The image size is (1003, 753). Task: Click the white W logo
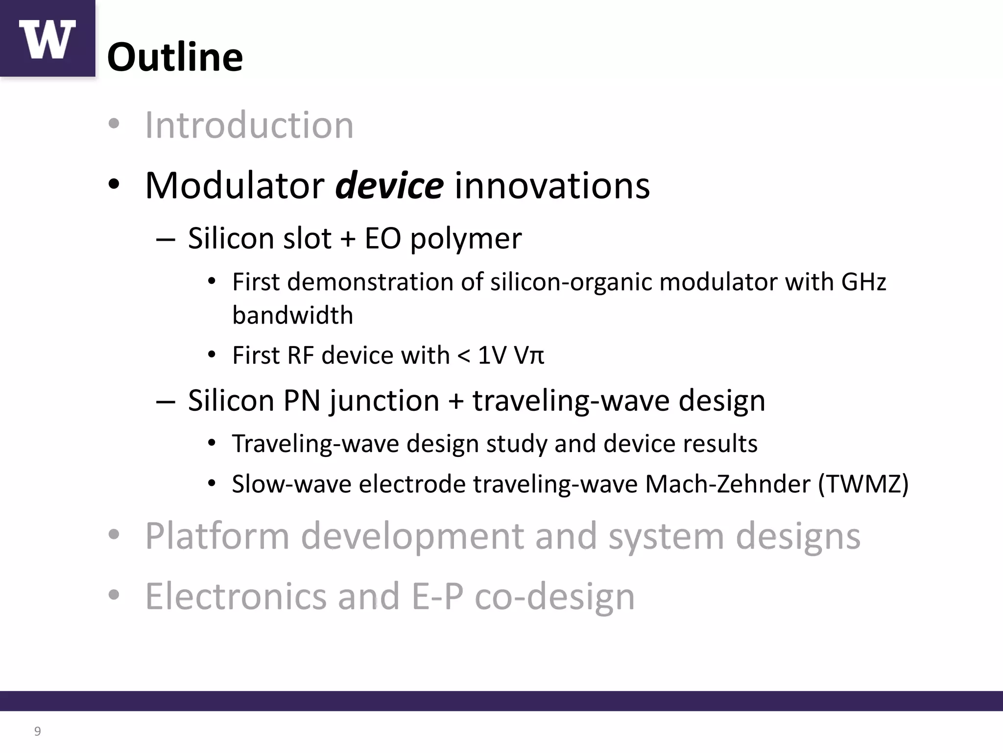coord(47,39)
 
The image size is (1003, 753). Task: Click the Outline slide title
coord(175,57)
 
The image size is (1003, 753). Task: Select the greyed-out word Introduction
coord(249,125)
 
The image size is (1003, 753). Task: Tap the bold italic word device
coord(389,186)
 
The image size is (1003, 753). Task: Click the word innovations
coord(552,186)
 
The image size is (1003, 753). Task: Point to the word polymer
coord(466,239)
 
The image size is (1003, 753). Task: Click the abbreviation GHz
coord(863,282)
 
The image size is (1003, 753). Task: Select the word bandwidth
coord(292,315)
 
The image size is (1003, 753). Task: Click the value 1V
coord(492,355)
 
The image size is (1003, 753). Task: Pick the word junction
coord(384,401)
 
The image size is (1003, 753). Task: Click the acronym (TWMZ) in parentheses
coord(863,484)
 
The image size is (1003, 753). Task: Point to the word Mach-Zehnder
coord(727,484)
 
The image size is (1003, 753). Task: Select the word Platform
coord(217,536)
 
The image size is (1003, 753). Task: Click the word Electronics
coord(236,597)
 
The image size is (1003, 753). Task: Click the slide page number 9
coord(37,731)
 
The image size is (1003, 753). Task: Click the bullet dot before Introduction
coord(114,124)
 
